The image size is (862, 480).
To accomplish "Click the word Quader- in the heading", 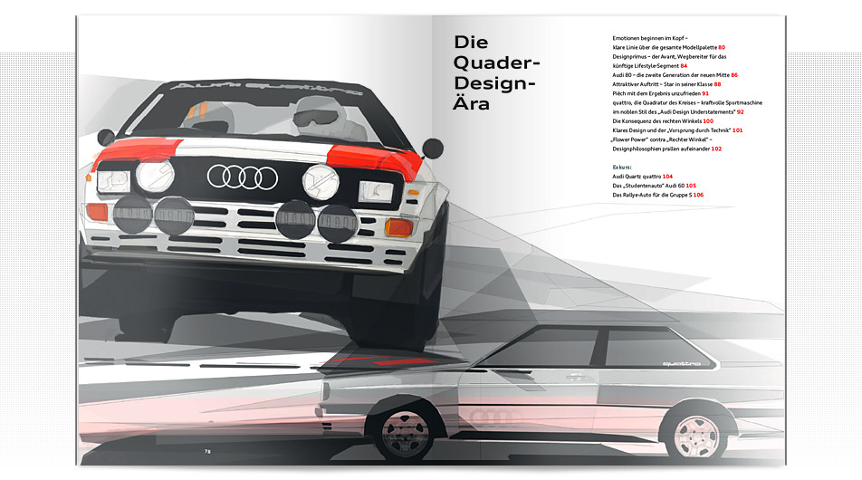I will pyautogui.click(x=496, y=63).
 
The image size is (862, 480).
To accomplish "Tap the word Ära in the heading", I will pyautogui.click(x=473, y=104).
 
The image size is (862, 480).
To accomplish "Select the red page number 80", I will pyautogui.click(x=723, y=46).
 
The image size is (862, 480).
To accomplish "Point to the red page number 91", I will pyautogui.click(x=705, y=93).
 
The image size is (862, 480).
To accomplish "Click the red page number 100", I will pyautogui.click(x=708, y=120).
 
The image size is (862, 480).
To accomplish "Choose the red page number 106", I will pyautogui.click(x=698, y=195).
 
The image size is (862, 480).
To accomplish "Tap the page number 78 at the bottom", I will pyautogui.click(x=207, y=449).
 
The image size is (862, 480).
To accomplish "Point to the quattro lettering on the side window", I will pyautogui.click(x=681, y=364).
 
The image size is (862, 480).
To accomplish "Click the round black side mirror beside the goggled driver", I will pyautogui.click(x=433, y=146).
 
